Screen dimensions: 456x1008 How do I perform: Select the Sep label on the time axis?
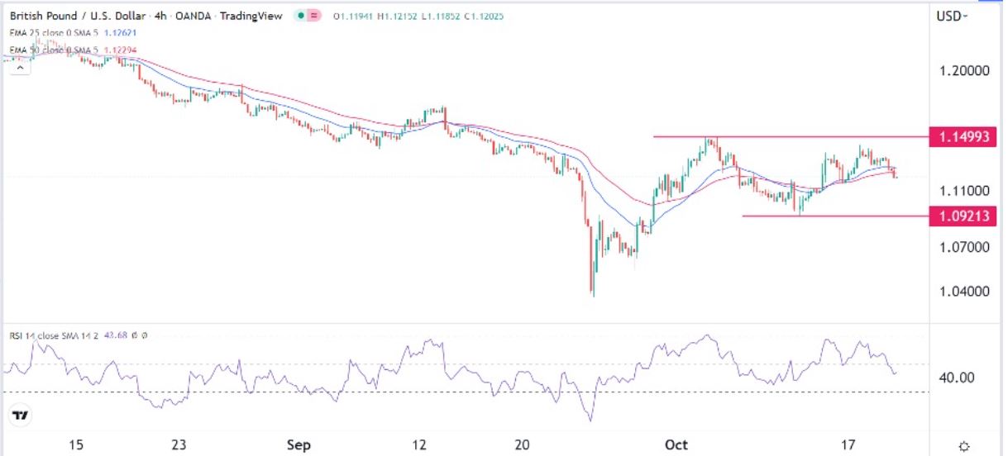[x=299, y=445]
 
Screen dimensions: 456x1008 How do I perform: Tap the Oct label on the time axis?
[x=676, y=445]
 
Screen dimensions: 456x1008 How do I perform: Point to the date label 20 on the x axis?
[x=522, y=445]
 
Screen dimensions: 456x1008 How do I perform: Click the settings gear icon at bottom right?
[x=963, y=446]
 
